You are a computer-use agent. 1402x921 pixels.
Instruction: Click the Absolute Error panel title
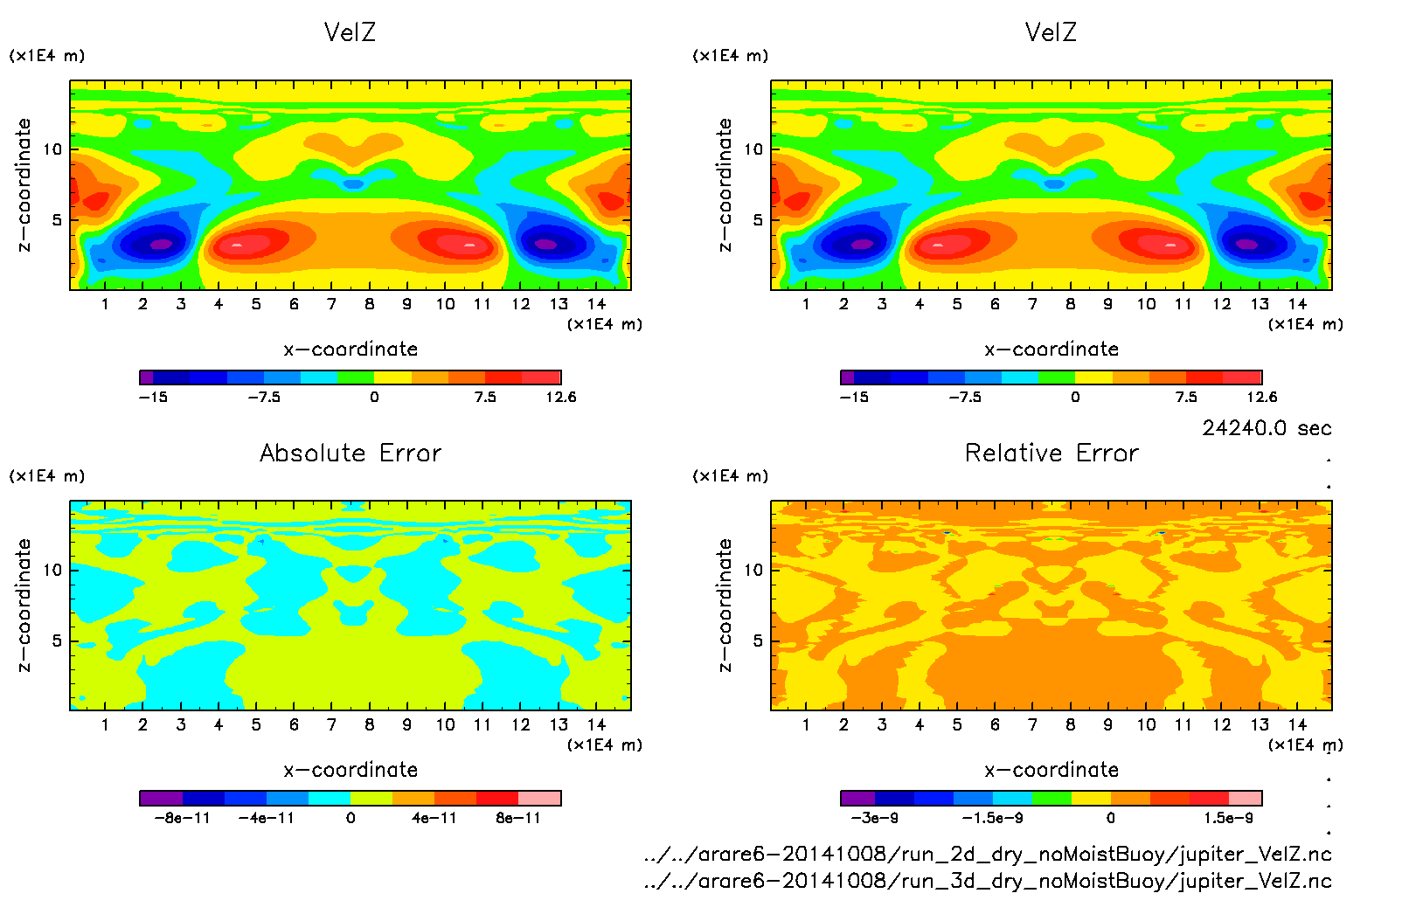[350, 454]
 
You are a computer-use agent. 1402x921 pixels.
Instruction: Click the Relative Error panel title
[1051, 454]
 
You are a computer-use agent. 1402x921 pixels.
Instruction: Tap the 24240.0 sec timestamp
[1267, 428]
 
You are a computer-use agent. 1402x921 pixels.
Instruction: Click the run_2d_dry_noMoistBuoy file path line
[988, 855]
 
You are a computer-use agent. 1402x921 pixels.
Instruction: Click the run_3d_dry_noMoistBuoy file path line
[988, 881]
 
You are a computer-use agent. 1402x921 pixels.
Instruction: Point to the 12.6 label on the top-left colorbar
[560, 398]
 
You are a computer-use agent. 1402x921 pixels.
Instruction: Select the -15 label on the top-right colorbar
[854, 398]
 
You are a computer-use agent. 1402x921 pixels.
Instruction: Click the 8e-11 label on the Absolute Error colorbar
[518, 819]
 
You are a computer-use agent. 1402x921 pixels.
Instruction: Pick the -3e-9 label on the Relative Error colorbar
[875, 819]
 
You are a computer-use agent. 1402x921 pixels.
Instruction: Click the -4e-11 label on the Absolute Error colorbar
[267, 819]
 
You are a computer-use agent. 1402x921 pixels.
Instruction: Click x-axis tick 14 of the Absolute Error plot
[596, 724]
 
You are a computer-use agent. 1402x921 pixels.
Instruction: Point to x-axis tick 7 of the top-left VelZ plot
[331, 304]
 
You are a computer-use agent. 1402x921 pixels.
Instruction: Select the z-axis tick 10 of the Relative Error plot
[753, 570]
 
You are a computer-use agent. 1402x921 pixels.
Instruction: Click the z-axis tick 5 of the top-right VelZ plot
[758, 219]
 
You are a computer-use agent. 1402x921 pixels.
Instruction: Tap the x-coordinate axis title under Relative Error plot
[1051, 771]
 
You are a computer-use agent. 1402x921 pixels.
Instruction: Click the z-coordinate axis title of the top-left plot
[24, 185]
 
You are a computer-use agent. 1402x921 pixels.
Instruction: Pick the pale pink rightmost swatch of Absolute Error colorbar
[539, 798]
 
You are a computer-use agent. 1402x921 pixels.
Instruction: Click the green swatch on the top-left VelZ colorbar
[355, 377]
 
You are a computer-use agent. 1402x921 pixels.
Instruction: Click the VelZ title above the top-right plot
[1051, 33]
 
